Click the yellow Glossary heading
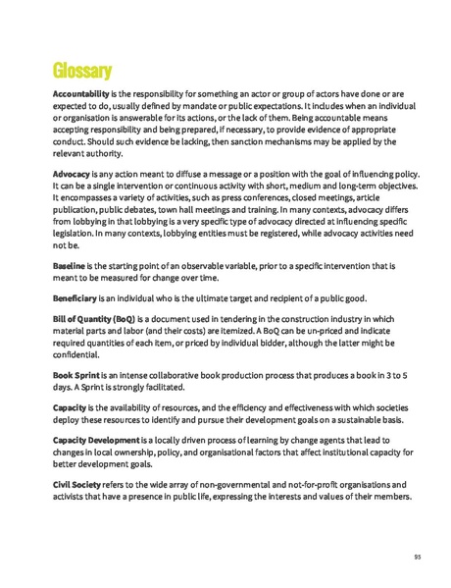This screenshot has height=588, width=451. [82, 70]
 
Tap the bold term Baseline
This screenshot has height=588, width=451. [70, 266]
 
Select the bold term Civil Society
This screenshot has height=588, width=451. [77, 485]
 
